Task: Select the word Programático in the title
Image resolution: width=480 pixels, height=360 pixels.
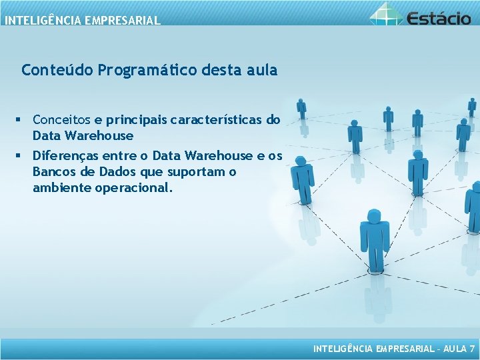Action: point(139,70)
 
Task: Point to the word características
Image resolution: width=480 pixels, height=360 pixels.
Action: point(217,120)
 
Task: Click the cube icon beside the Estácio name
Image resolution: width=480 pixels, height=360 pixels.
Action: point(386,13)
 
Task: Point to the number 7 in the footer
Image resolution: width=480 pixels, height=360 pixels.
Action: point(472,349)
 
